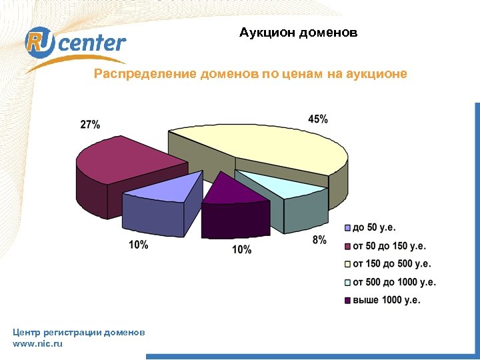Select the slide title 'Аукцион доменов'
click(299, 32)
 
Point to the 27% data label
click(90, 125)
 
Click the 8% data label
click(319, 240)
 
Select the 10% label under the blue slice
click(138, 245)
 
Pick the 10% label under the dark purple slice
click(241, 250)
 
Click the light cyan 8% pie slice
click(280, 187)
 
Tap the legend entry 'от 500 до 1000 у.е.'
click(393, 282)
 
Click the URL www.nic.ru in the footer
click(37, 344)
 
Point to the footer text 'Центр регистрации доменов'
click(79, 332)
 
